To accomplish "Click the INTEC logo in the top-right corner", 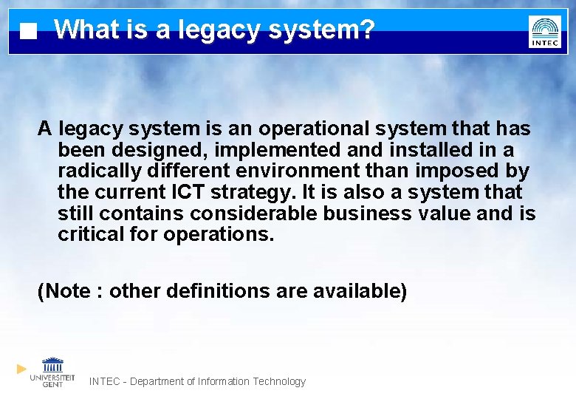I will (x=545, y=31).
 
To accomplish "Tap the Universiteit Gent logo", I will (x=52, y=372).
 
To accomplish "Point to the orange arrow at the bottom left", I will (x=22, y=369).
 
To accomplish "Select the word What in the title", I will (x=83, y=30).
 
